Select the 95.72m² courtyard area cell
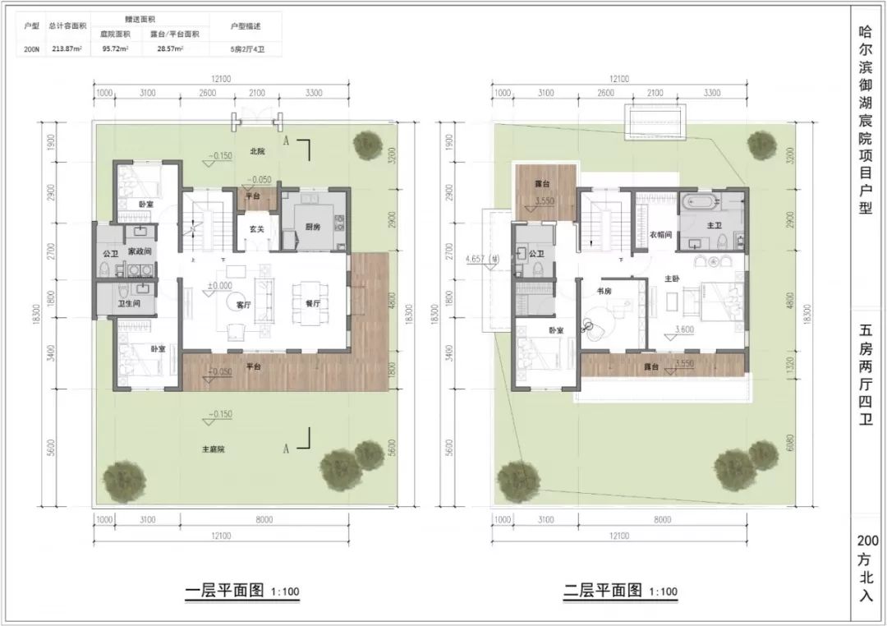click(116, 49)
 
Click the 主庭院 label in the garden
click(214, 449)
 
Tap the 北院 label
click(257, 152)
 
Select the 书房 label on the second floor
click(606, 292)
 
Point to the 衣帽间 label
click(662, 234)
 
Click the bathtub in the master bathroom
click(699, 201)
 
